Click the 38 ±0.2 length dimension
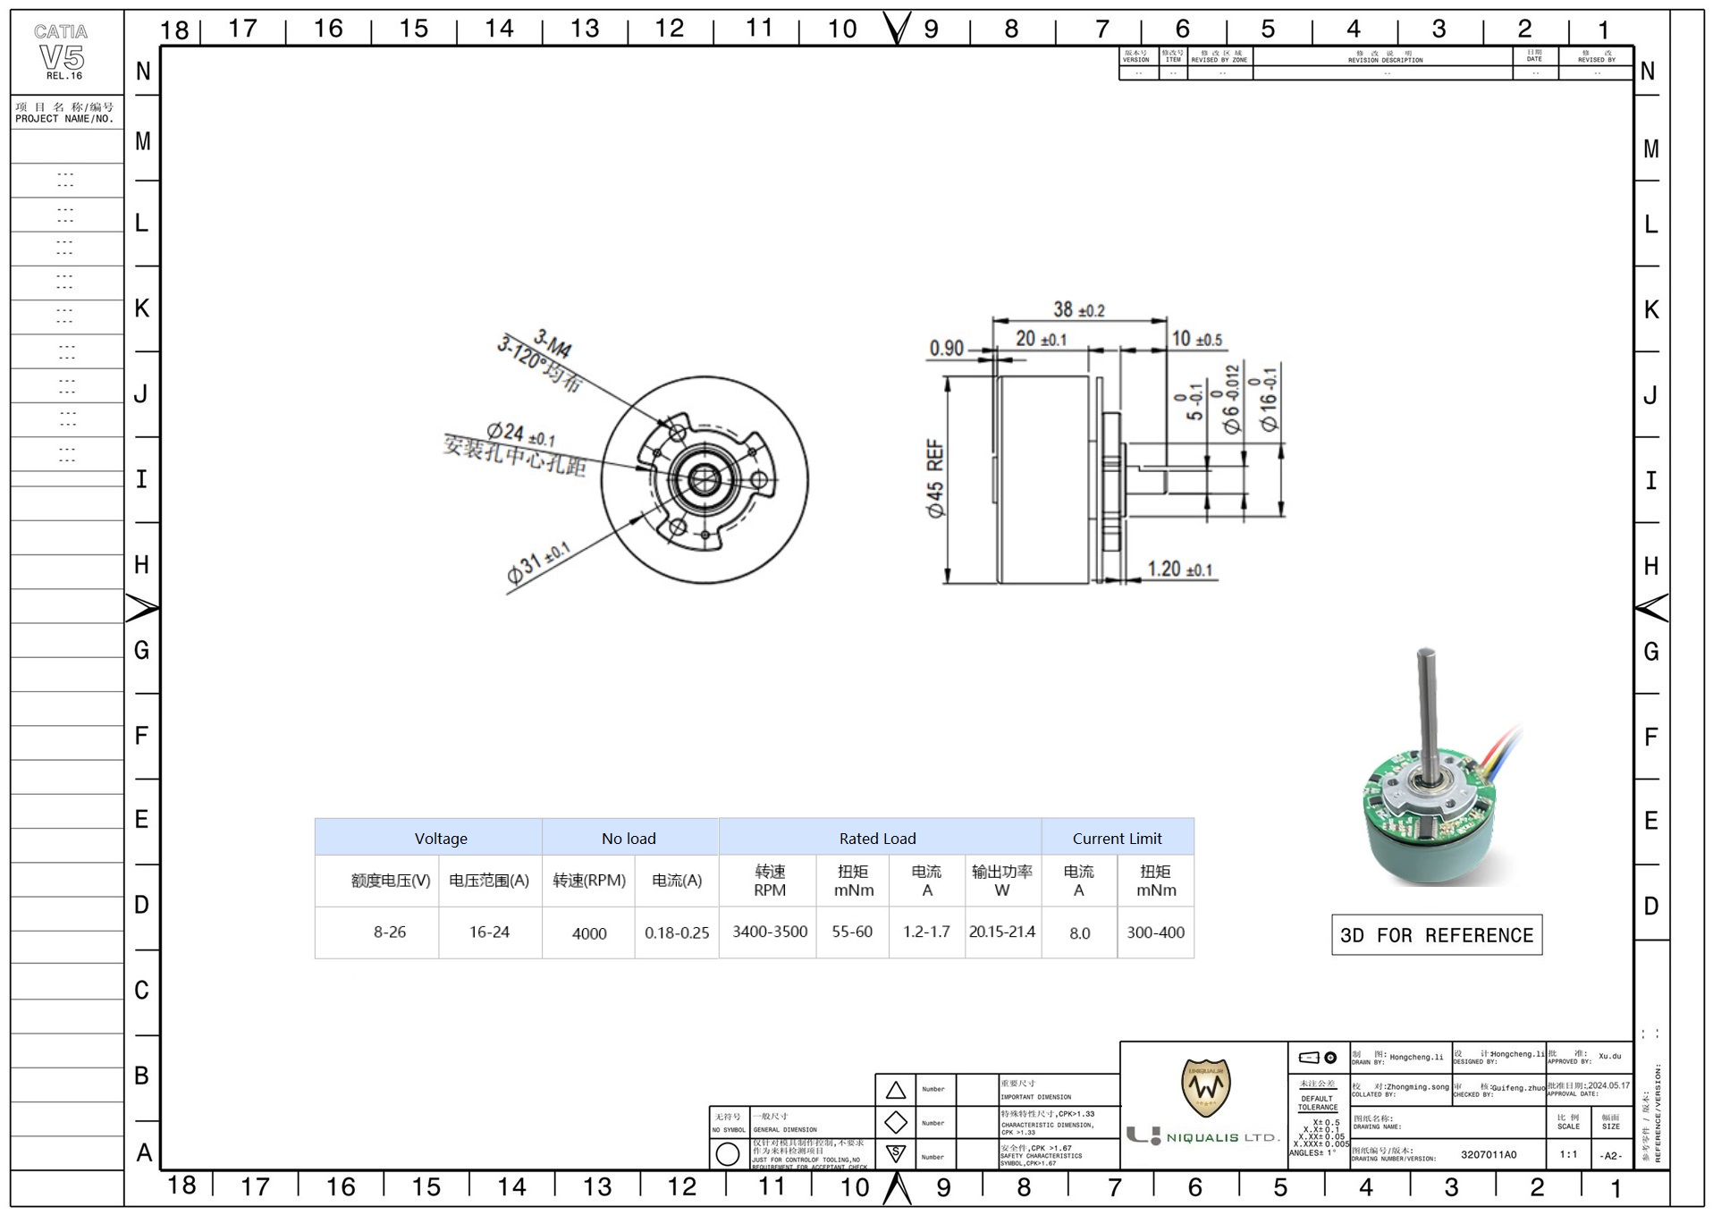(x=1078, y=310)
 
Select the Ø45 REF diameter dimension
(x=935, y=478)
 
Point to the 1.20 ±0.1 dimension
(x=1180, y=570)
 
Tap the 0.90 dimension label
(x=947, y=348)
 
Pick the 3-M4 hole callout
(x=553, y=343)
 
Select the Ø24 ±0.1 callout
(x=520, y=435)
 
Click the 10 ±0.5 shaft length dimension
(x=1196, y=340)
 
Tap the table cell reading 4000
(x=589, y=933)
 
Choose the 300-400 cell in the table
(x=1155, y=932)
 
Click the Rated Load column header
(x=877, y=839)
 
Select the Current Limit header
(x=1117, y=839)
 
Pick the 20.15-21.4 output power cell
(x=1001, y=932)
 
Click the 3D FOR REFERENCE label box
(x=1436, y=935)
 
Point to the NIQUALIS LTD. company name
(x=1221, y=1137)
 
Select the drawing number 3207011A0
(x=1489, y=1154)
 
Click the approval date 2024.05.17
(x=1608, y=1085)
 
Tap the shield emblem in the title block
(x=1205, y=1086)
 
